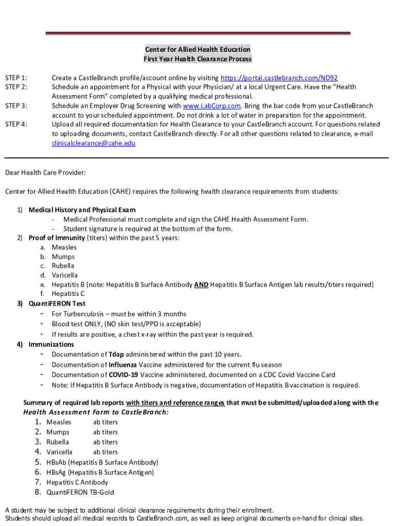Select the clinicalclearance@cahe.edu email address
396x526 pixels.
tap(94, 143)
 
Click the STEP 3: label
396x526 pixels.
tap(16, 106)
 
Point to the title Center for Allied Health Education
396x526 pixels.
tap(197, 49)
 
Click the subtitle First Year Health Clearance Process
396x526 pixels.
tap(197, 59)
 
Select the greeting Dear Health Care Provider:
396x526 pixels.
tap(46, 173)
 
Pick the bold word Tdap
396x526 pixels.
tap(116, 354)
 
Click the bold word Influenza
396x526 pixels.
tap(123, 365)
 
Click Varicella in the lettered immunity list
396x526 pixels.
tap(65, 275)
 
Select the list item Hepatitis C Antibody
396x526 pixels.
tap(77, 482)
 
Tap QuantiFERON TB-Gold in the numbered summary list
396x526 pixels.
tap(80, 492)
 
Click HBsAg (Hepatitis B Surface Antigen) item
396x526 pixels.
tap(100, 472)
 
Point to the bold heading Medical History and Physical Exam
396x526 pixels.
tap(82, 210)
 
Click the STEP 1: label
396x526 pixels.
tap(16, 78)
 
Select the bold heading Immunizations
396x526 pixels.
tap(51, 345)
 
